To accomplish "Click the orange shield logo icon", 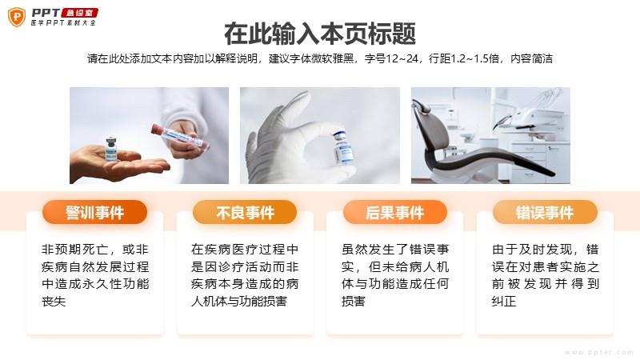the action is click(x=17, y=17).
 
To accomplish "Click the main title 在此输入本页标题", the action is click(x=320, y=34).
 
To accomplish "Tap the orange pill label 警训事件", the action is click(x=94, y=212).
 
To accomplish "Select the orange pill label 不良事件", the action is click(x=245, y=212).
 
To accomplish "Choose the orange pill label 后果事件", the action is click(x=395, y=212).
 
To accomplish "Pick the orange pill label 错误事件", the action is click(x=545, y=212).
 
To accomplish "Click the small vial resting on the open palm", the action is click(x=111, y=150).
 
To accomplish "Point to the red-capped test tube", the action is click(x=180, y=136).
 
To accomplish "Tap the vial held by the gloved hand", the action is click(x=342, y=147).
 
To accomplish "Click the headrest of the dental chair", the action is click(x=422, y=106).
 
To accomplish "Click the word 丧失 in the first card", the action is click(x=54, y=302).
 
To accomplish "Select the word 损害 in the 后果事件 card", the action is click(x=354, y=302).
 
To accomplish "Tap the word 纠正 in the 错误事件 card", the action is click(x=504, y=302).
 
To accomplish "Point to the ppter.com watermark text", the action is click(x=598, y=352).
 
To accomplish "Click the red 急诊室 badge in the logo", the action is click(x=79, y=13).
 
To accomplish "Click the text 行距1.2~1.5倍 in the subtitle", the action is click(x=464, y=58).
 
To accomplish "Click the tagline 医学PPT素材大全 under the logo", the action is click(x=63, y=23).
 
